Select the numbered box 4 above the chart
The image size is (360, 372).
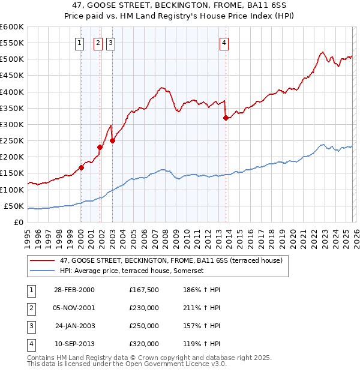tap(224, 43)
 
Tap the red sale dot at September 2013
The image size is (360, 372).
tap(226, 118)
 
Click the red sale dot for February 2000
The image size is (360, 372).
tap(81, 168)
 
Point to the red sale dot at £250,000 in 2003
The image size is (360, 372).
tap(112, 141)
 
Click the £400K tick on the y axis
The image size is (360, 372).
tap(12, 92)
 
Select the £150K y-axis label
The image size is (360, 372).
tap(12, 173)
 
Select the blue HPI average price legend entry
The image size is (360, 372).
tap(132, 271)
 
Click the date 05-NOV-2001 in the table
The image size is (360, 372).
tap(74, 308)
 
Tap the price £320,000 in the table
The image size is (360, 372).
tap(144, 344)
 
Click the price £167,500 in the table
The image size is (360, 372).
tap(144, 290)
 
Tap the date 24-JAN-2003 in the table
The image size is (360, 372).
tap(75, 326)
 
